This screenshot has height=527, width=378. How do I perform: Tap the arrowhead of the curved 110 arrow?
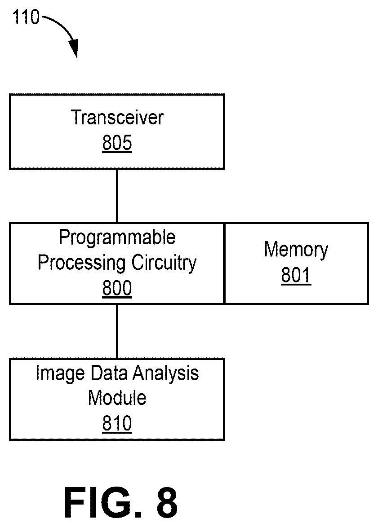tap(74, 48)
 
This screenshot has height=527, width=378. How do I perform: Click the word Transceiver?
tap(117, 118)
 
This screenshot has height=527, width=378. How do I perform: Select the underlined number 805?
tap(117, 143)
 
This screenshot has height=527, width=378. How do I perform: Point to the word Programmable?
tap(117, 237)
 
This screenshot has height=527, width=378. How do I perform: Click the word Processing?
tap(81, 263)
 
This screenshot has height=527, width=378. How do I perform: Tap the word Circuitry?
tap(164, 263)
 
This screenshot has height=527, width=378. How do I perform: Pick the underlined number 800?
tap(117, 288)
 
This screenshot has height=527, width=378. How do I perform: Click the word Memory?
tap(296, 250)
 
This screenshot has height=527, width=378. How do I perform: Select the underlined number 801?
tap(296, 275)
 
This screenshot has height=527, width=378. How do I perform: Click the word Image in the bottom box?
tap(60, 374)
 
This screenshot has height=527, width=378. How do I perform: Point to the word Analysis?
tap(165, 374)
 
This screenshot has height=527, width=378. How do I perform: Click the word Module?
tap(117, 398)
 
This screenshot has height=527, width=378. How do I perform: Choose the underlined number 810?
tap(117, 423)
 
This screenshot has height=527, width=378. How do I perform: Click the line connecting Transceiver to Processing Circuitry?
tap(117, 196)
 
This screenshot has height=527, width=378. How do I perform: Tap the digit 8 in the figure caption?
tap(167, 502)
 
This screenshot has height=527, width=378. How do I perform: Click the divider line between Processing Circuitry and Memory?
tap(224, 263)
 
